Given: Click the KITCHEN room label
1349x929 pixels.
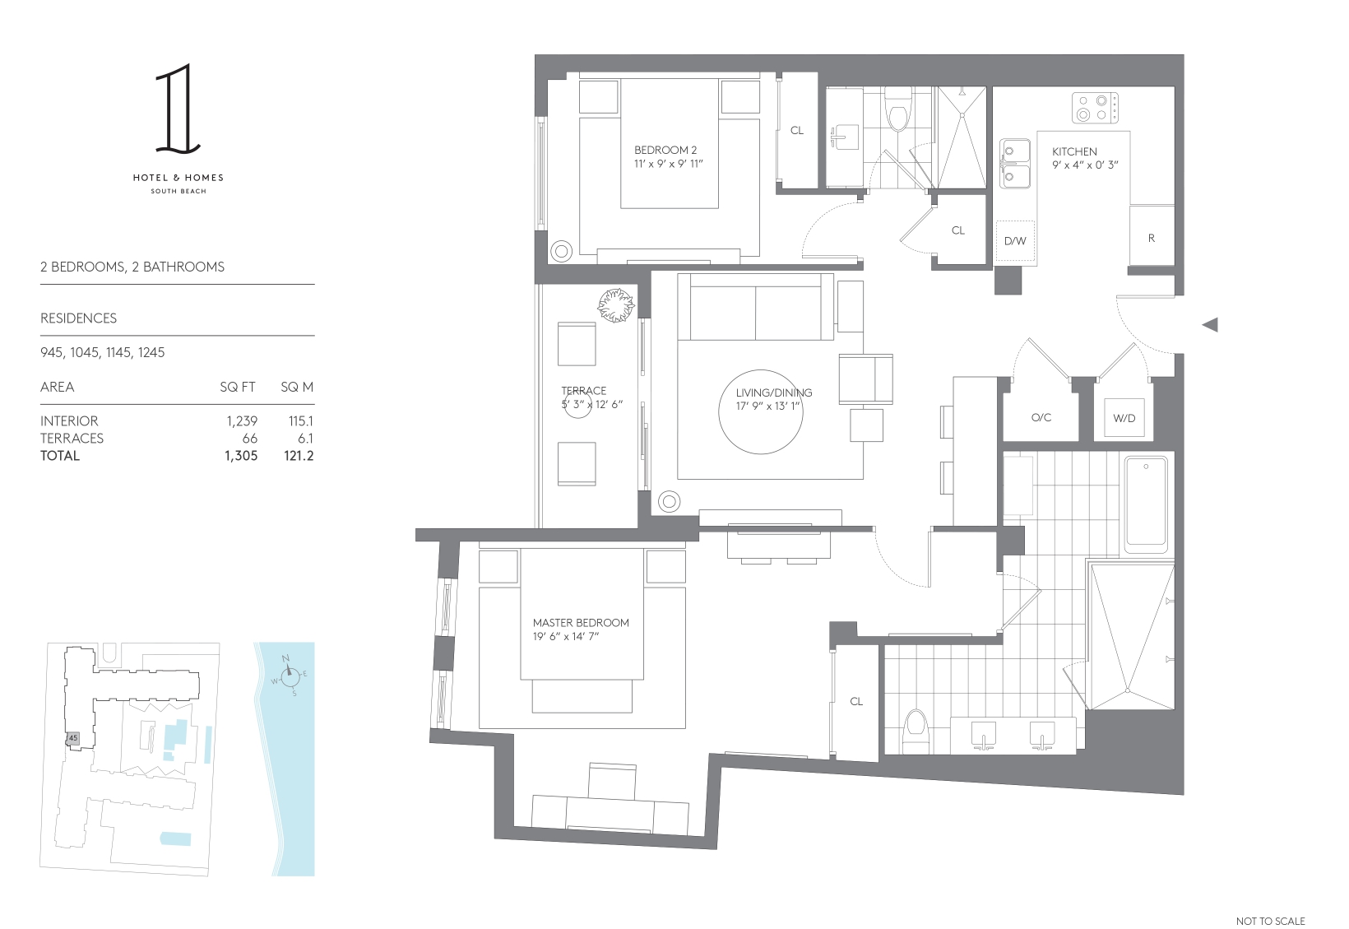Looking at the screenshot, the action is tap(1073, 151).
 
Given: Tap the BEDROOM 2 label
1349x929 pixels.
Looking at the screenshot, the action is tap(665, 150).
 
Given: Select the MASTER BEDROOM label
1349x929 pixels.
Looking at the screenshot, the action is tap(581, 622).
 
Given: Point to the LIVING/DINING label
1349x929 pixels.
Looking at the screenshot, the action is tap(774, 393).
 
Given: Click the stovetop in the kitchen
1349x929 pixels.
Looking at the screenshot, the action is tap(1095, 108).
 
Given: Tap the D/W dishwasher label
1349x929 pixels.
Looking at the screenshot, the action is tap(1015, 241).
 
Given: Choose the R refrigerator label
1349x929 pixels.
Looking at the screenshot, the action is tap(1151, 238).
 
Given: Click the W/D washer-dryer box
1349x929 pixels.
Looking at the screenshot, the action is tap(1124, 418).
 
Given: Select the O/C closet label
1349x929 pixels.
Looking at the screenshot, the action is tap(1041, 417).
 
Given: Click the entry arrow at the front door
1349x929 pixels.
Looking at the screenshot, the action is tap(1210, 325).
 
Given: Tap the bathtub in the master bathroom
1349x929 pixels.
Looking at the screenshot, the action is tap(1146, 505).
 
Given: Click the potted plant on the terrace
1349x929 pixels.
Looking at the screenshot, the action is tap(616, 304).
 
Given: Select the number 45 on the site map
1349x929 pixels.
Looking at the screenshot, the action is tap(73, 738).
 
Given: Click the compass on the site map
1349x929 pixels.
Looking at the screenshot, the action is tap(289, 675).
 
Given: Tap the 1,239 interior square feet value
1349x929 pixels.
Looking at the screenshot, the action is tap(242, 421).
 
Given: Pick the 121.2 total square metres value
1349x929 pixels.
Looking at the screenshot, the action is tap(299, 456).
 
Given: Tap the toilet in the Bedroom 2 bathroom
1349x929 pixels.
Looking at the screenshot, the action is tap(897, 114).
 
